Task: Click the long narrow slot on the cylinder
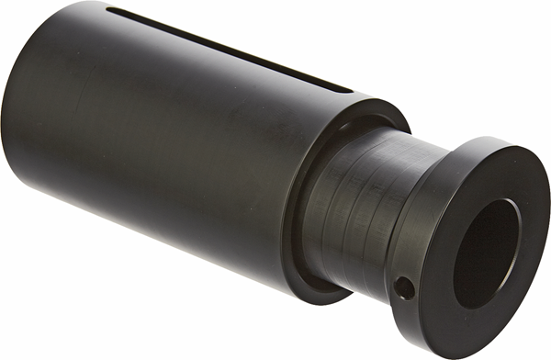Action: pos(230,51)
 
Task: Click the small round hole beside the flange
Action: pos(403,287)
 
